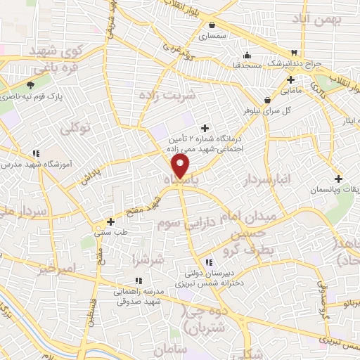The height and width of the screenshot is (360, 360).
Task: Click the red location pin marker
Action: (x=181, y=166)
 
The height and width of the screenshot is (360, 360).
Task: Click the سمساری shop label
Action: (x=212, y=34)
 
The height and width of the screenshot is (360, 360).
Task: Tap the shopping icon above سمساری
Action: (x=212, y=25)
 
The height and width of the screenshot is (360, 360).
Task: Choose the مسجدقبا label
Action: (x=247, y=65)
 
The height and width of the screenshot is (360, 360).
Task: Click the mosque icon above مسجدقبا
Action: (x=246, y=56)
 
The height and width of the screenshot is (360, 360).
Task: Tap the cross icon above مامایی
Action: (x=290, y=80)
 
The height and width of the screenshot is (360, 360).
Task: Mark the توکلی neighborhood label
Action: (x=76, y=129)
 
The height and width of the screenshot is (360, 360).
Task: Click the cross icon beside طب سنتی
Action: (x=110, y=222)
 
